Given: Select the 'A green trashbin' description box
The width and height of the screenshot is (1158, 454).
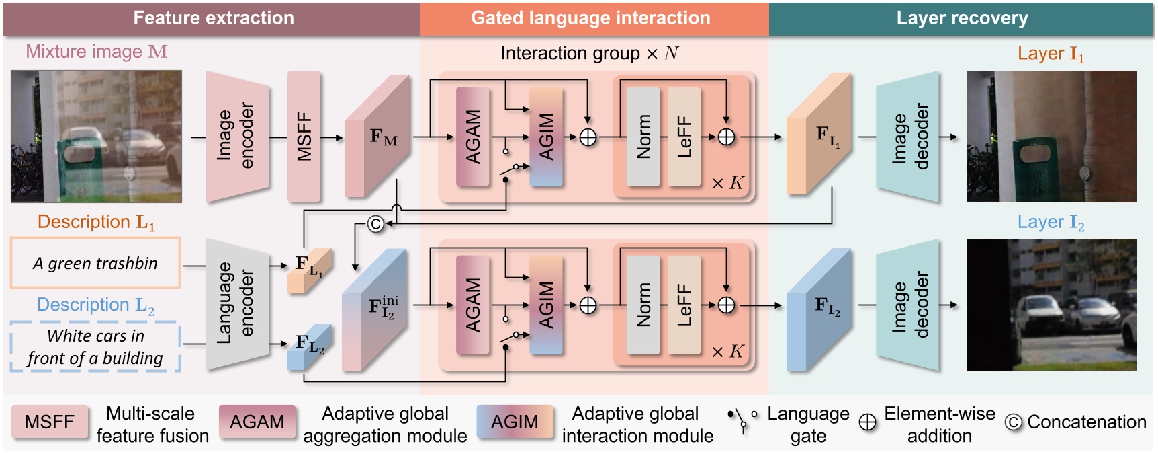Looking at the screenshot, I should [95, 263].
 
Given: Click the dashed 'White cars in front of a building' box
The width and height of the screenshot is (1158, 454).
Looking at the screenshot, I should [95, 347].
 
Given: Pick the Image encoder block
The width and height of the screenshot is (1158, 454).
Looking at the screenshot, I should [237, 137].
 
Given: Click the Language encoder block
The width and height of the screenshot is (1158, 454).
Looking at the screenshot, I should [237, 305].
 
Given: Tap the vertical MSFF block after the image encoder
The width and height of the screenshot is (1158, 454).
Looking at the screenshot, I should [304, 137].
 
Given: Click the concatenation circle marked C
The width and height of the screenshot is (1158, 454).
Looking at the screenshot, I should [375, 224].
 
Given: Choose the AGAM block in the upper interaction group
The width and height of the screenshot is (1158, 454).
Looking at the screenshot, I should [473, 137].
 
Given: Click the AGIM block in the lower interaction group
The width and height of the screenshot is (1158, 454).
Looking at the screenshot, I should [546, 305].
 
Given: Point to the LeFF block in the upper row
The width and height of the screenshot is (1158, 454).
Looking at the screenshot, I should [684, 137].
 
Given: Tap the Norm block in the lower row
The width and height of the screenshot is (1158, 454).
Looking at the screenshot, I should [643, 305].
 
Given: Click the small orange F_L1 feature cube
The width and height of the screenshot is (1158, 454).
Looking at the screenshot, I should [309, 269].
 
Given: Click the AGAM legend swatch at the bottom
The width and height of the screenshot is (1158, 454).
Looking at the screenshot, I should [257, 422].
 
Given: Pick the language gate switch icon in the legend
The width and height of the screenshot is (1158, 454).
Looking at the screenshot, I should [742, 421].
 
